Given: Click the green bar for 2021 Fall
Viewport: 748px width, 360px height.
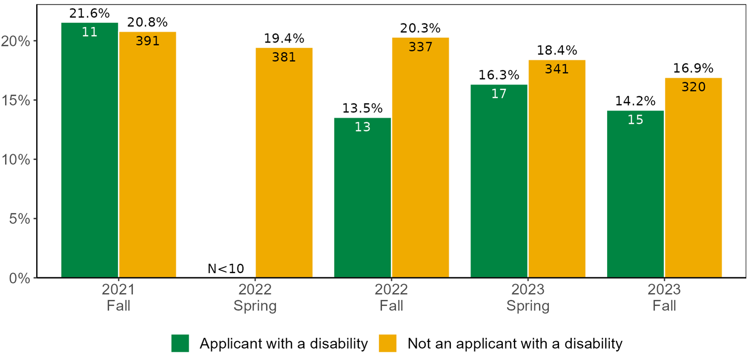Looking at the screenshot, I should pyautogui.click(x=89, y=153).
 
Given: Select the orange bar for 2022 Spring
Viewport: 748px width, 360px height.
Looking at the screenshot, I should pyautogui.click(x=284, y=166).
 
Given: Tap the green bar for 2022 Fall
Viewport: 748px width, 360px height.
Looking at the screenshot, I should pyautogui.click(x=362, y=200).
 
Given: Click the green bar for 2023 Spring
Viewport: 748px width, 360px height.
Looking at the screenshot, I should pyautogui.click(x=499, y=183).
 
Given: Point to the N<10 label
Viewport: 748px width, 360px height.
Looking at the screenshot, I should pyautogui.click(x=226, y=269).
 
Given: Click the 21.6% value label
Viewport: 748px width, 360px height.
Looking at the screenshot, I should pyautogui.click(x=89, y=13).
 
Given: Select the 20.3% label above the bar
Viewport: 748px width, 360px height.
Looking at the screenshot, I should pyautogui.click(x=420, y=28).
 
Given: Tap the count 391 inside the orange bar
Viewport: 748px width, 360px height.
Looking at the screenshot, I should pyautogui.click(x=148, y=41).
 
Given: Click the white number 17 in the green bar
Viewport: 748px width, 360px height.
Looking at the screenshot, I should pyautogui.click(x=499, y=94).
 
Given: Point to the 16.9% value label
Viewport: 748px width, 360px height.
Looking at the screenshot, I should pyautogui.click(x=693, y=68).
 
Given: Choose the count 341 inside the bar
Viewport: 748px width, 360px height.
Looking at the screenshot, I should pyautogui.click(x=557, y=69).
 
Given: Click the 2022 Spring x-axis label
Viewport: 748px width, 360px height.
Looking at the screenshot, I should pyautogui.click(x=255, y=297).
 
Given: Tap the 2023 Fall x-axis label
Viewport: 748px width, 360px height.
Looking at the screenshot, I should pyautogui.click(x=664, y=297).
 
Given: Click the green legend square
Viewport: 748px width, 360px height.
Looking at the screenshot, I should pyautogui.click(x=180, y=343).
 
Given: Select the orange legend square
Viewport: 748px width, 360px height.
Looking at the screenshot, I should pyautogui.click(x=388, y=343).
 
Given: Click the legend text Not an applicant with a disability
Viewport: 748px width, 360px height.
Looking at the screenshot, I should pyautogui.click(x=515, y=343).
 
